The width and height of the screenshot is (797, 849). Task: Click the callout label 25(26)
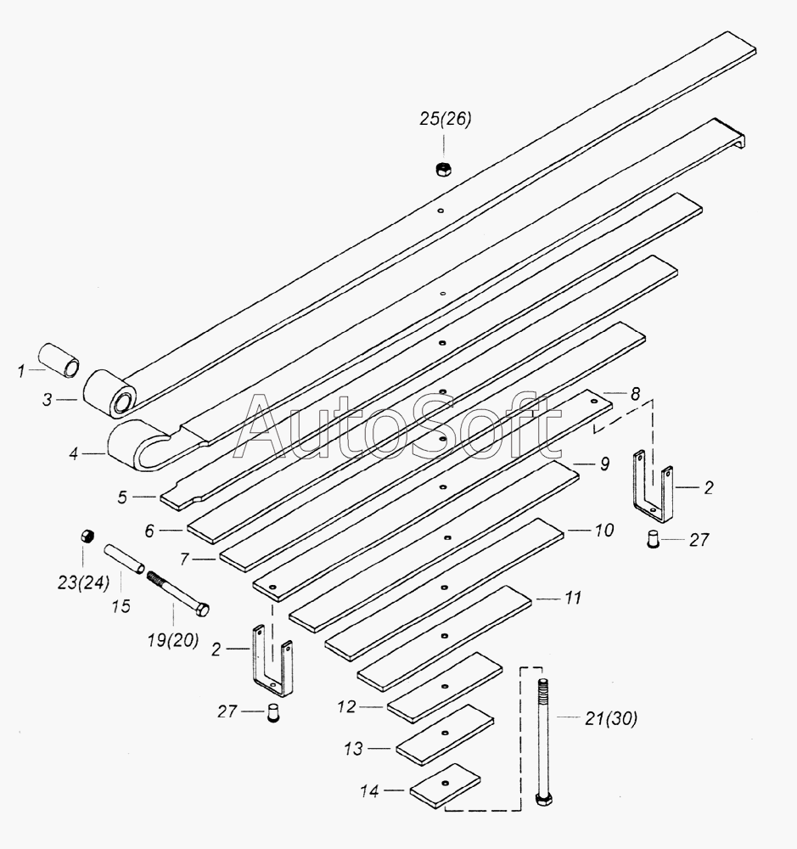tap(445, 119)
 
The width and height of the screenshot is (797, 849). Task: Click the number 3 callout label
tap(47, 400)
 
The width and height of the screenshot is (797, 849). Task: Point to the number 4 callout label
tap(74, 453)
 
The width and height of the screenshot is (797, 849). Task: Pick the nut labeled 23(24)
tap(87, 537)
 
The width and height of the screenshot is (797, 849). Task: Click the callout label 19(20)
tap(173, 640)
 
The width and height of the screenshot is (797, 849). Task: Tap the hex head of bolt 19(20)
tap(203, 610)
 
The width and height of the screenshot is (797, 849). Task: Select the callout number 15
tap(121, 606)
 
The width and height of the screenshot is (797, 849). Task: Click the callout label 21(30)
tap(611, 718)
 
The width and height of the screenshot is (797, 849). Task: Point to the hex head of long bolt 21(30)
tap(542, 799)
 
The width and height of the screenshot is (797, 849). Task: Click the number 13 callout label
tap(353, 749)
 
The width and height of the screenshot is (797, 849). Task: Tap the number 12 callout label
tap(346, 706)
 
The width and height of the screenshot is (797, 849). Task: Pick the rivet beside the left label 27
tap(274, 712)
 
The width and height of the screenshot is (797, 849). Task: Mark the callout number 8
tap(636, 394)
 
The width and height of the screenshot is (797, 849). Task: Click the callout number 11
tap(573, 598)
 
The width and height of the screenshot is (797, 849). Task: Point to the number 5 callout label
tap(122, 497)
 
